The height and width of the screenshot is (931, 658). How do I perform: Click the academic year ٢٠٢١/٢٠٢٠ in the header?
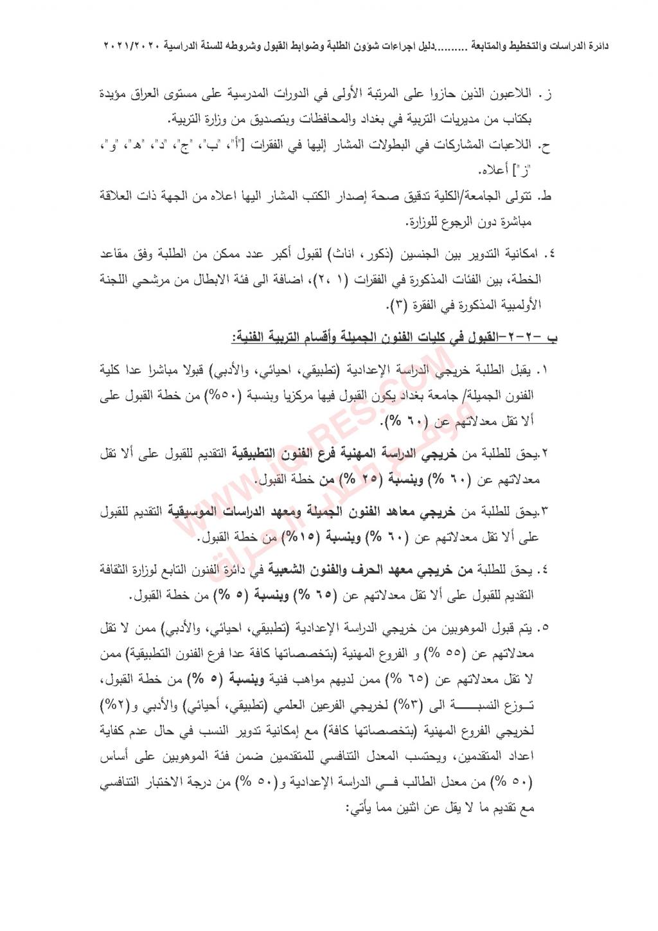(132, 46)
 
